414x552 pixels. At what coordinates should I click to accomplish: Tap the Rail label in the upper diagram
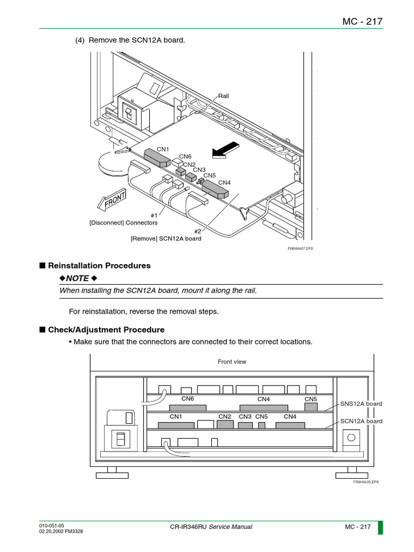point(223,96)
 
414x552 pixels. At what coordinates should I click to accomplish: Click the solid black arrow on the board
point(225,150)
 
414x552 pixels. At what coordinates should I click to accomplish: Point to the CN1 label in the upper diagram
point(163,149)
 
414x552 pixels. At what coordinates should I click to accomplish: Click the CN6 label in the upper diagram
point(185,156)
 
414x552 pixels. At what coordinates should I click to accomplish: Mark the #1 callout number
point(155,215)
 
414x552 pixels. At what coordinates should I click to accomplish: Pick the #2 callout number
point(198,231)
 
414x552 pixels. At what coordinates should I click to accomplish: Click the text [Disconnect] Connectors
point(123,223)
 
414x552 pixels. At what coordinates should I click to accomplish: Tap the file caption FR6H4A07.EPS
point(300,249)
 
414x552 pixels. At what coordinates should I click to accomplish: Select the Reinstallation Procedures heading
point(99,266)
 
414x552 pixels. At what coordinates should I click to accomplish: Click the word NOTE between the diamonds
point(78,278)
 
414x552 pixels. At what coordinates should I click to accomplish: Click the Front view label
point(232,362)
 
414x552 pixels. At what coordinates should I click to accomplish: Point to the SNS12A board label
point(361,404)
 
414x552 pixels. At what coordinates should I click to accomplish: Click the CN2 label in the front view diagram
point(225,417)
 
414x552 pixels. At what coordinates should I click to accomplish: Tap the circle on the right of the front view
point(351,437)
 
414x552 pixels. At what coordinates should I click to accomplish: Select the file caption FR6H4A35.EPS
point(366,482)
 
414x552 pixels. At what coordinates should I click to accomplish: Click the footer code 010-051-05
point(52,525)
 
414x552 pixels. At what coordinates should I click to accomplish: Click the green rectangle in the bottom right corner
point(380,527)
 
